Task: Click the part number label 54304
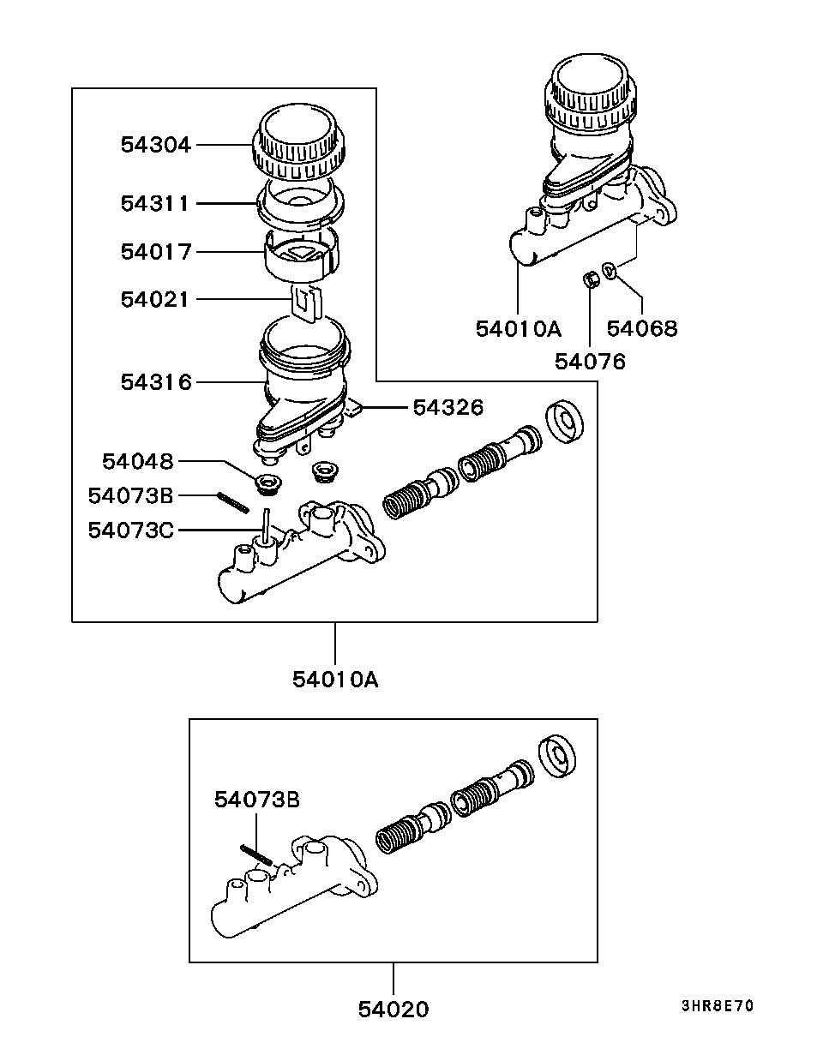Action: pyautogui.click(x=156, y=145)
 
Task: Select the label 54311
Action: pyautogui.click(x=155, y=203)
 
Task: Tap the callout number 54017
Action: pyautogui.click(x=156, y=252)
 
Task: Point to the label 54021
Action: pyautogui.click(x=155, y=299)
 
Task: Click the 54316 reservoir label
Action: pyautogui.click(x=156, y=382)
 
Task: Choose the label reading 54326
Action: pyautogui.click(x=448, y=408)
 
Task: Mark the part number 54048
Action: pyautogui.click(x=137, y=462)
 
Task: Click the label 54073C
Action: pyautogui.click(x=130, y=530)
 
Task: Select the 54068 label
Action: pyautogui.click(x=642, y=328)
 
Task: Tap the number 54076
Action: pyautogui.click(x=590, y=362)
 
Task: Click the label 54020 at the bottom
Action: pyautogui.click(x=393, y=1010)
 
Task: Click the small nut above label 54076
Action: pyautogui.click(x=591, y=279)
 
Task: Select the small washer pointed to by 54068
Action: pyautogui.click(x=610, y=269)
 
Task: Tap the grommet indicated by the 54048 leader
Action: pyautogui.click(x=268, y=484)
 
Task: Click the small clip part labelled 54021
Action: pyautogui.click(x=306, y=303)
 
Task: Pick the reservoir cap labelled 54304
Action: pyautogui.click(x=299, y=144)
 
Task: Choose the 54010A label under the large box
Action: pyautogui.click(x=335, y=680)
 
